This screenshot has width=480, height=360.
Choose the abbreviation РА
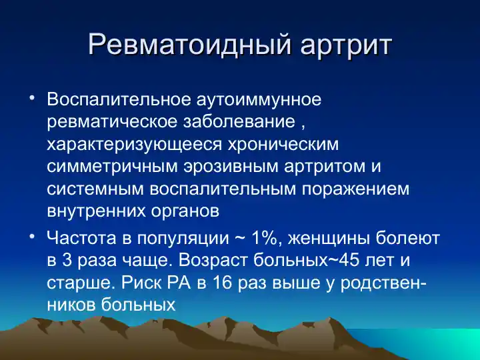pyautogui.click(x=176, y=282)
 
